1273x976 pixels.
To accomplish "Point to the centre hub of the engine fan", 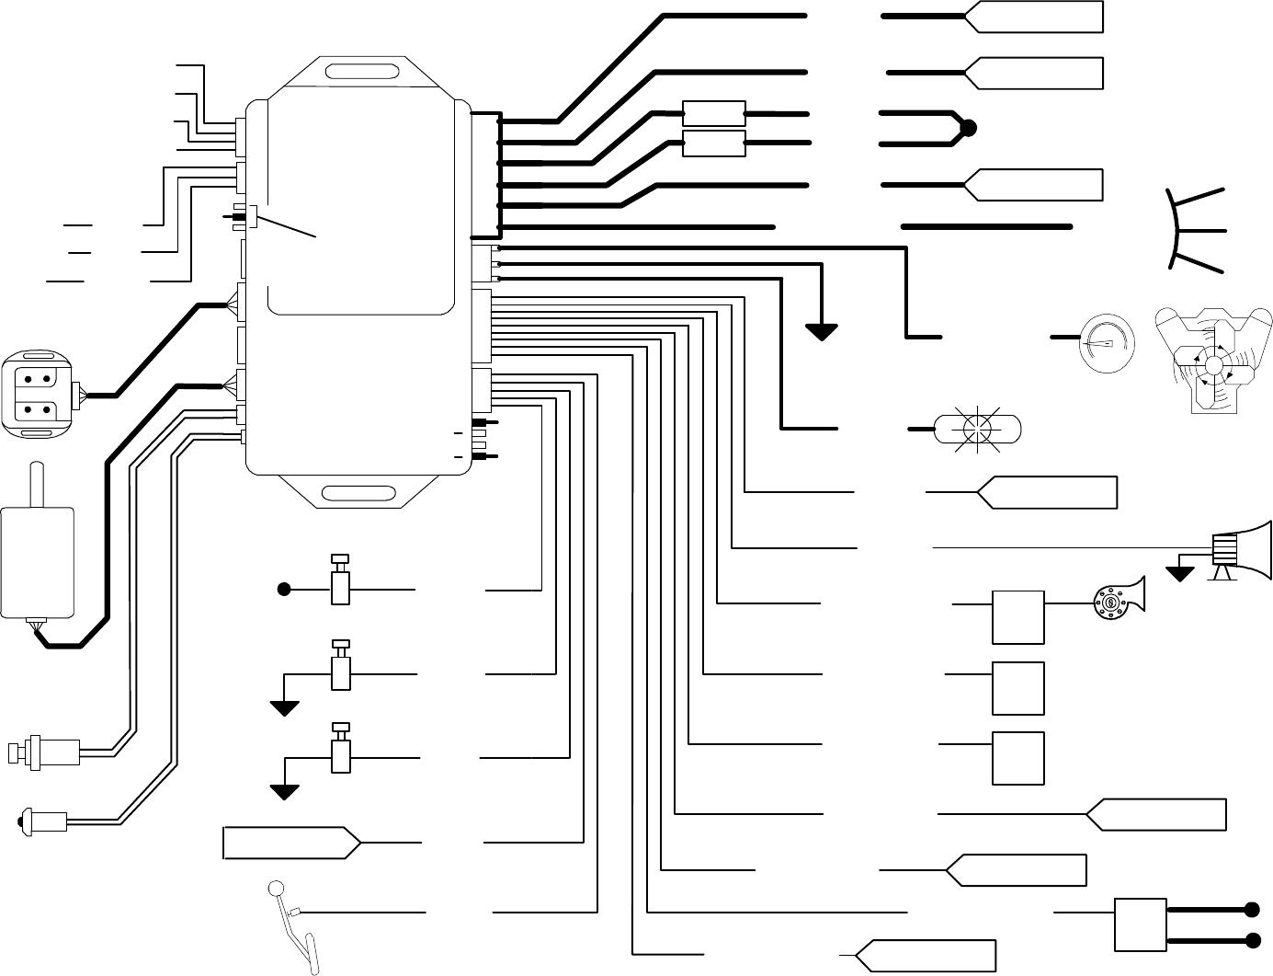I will (x=1213, y=366).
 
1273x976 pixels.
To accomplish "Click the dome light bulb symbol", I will (x=977, y=429).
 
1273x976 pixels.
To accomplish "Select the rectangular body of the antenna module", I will (x=38, y=561).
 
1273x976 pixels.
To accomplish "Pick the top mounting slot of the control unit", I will (x=363, y=73).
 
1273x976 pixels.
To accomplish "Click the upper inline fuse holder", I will (x=714, y=113).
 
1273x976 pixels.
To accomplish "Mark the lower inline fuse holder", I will (x=714, y=143).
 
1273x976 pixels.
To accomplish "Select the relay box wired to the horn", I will (x=1018, y=617).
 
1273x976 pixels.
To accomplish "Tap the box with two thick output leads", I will (x=1140, y=924).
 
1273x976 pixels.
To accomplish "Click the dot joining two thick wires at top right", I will (x=967, y=129).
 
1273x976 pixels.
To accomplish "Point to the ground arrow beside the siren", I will (x=1180, y=574).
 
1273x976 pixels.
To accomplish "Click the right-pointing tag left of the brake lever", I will (x=291, y=843).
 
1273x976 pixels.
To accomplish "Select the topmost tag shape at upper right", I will (x=1033, y=17).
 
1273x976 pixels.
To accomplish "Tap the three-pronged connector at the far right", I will (x=1190, y=230).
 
